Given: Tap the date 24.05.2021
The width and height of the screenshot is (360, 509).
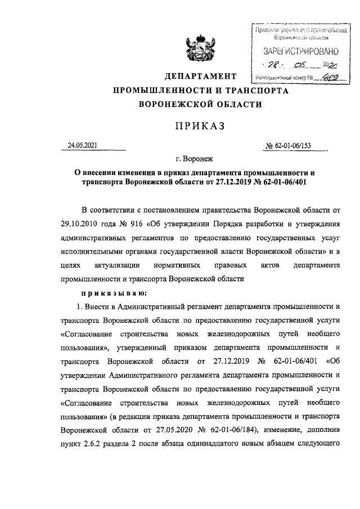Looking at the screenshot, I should click(x=83, y=146).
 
